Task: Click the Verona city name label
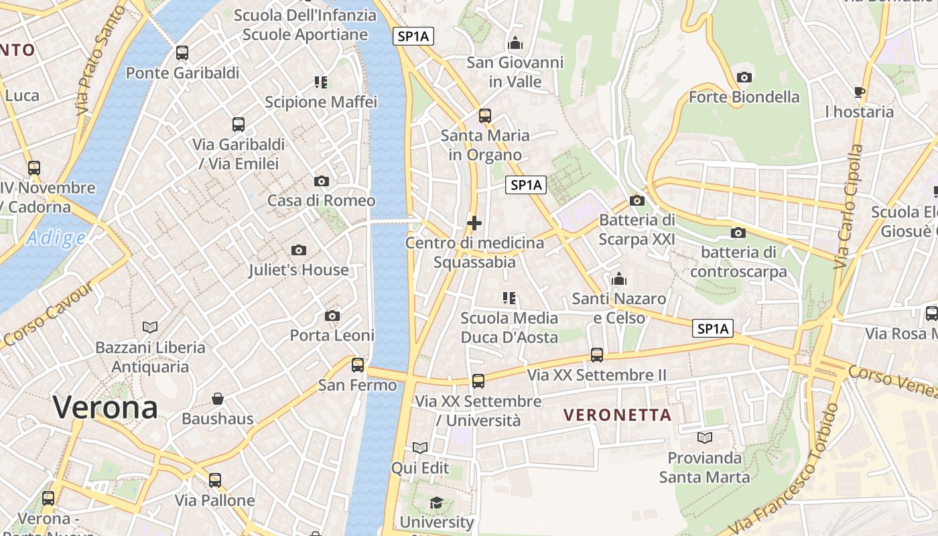(105, 407)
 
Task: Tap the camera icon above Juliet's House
(299, 251)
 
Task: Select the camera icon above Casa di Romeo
(322, 181)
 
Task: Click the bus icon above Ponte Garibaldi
(182, 53)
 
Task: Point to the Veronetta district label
(617, 415)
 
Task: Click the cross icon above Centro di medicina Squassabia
(474, 222)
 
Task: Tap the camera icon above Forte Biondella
(744, 78)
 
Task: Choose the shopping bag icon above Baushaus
(218, 399)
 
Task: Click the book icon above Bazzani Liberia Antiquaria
(150, 327)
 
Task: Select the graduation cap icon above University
(436, 503)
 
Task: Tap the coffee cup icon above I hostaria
(860, 92)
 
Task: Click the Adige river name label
(56, 238)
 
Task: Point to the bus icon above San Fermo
(358, 365)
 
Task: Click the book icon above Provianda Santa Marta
(704, 438)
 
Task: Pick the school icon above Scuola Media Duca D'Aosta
(509, 297)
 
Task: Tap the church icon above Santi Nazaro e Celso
(618, 279)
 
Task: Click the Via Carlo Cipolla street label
(848, 207)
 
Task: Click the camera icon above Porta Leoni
(332, 316)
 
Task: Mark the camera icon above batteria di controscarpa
(738, 232)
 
